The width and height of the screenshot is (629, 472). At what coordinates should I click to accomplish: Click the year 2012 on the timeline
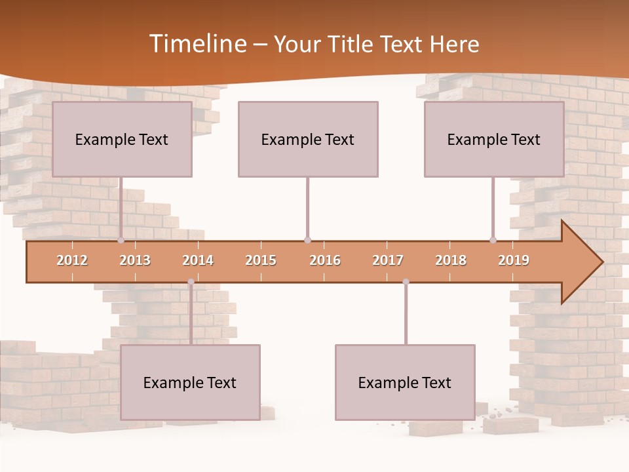click(x=72, y=260)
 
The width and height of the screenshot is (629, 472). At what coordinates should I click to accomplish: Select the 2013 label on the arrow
click(x=135, y=260)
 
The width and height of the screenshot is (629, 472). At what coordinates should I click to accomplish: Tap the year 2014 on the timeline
click(x=198, y=260)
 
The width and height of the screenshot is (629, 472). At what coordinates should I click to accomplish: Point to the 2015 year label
click(x=261, y=260)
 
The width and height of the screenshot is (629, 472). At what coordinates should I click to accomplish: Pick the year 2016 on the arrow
click(x=325, y=260)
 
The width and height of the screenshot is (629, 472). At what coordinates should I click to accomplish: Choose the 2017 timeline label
click(x=388, y=260)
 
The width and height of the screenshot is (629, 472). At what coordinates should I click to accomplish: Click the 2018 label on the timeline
click(x=451, y=260)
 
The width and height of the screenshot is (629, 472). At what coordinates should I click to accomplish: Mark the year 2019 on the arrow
click(x=514, y=260)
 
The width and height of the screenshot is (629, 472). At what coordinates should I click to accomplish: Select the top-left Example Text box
click(x=122, y=139)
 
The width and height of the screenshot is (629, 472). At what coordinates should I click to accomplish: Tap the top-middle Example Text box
click(x=308, y=139)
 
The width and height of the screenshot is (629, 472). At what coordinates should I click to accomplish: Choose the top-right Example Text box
click(x=494, y=139)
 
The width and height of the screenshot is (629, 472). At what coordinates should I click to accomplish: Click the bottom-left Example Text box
click(x=190, y=382)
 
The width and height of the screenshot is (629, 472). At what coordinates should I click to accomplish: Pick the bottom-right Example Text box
click(x=405, y=382)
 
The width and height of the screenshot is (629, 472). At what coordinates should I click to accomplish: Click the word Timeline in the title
click(x=197, y=44)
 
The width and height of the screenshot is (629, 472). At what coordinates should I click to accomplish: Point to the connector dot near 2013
click(x=121, y=240)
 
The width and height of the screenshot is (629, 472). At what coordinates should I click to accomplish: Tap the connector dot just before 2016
click(x=307, y=240)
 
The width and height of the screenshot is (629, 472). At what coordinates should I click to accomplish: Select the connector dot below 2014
click(x=191, y=282)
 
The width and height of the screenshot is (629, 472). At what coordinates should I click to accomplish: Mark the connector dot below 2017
click(x=406, y=282)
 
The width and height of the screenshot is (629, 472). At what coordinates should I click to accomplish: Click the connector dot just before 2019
click(x=493, y=240)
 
